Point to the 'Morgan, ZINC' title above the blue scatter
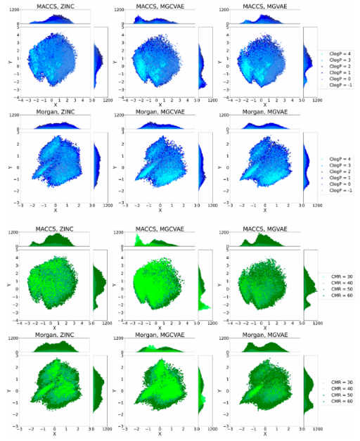coord(56,113)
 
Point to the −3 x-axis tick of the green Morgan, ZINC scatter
coord(21,428)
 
